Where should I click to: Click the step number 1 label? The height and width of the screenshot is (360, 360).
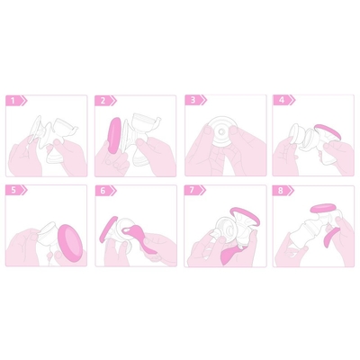pos(13,101)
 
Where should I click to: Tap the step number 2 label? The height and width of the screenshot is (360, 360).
pos(103,101)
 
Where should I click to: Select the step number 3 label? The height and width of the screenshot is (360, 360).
pos(193,100)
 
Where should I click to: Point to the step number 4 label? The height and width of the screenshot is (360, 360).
pos(282,100)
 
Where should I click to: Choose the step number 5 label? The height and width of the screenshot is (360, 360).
pos(13,190)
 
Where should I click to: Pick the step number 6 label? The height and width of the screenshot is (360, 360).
pos(103,191)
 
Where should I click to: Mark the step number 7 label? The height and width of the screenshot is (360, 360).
pos(192,190)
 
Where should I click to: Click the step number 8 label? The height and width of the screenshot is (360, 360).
pos(281,191)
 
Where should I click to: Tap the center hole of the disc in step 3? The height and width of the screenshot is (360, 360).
pos(221,131)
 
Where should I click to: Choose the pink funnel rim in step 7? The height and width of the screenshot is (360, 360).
pos(246,216)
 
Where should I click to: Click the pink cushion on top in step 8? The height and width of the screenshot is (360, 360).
pos(326,209)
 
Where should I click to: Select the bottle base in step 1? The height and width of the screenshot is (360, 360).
pos(55,156)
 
